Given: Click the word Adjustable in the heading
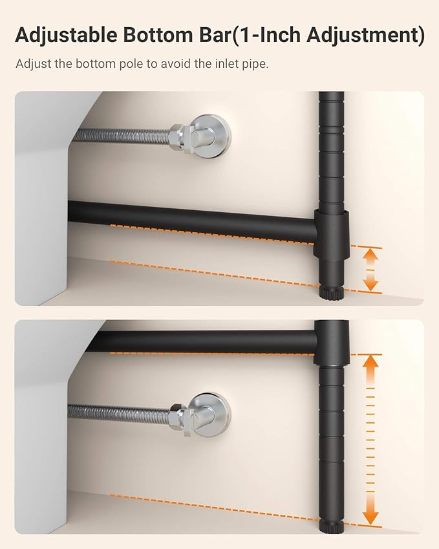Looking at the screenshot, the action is pos(66,36).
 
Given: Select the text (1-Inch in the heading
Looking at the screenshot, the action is pos(267,36).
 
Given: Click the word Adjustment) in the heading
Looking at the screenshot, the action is pos(365,36).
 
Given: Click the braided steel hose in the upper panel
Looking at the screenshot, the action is pos(121,136).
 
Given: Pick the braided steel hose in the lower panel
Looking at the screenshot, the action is pos(119,412).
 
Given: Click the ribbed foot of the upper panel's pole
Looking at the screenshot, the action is pos(331,292).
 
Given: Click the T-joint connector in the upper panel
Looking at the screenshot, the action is pos(331,233).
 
